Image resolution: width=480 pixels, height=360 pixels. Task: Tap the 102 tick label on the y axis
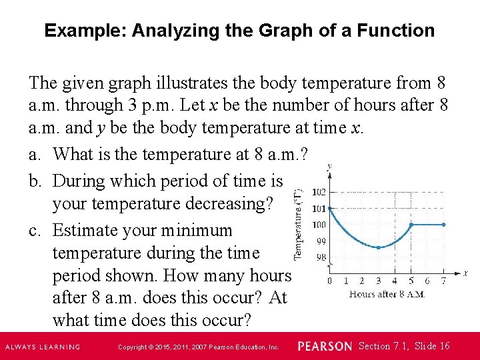[x=319, y=192]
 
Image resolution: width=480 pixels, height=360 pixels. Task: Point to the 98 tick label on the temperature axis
[x=321, y=257]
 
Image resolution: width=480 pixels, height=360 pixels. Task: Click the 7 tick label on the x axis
[x=445, y=281]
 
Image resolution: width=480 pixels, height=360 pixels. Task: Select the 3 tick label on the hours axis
[x=379, y=281]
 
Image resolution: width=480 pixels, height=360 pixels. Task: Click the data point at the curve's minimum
[x=379, y=247]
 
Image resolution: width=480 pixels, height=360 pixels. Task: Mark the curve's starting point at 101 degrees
[x=330, y=208]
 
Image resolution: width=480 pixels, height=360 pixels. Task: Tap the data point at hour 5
[x=411, y=225]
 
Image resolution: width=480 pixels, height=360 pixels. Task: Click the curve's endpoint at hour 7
[x=444, y=225]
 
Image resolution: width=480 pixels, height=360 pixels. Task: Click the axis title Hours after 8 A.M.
[x=387, y=294]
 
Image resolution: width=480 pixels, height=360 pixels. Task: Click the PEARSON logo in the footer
[x=324, y=346]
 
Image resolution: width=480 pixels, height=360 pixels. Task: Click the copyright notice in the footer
[x=198, y=347]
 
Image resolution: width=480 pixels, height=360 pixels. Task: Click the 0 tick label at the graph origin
[x=330, y=281]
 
